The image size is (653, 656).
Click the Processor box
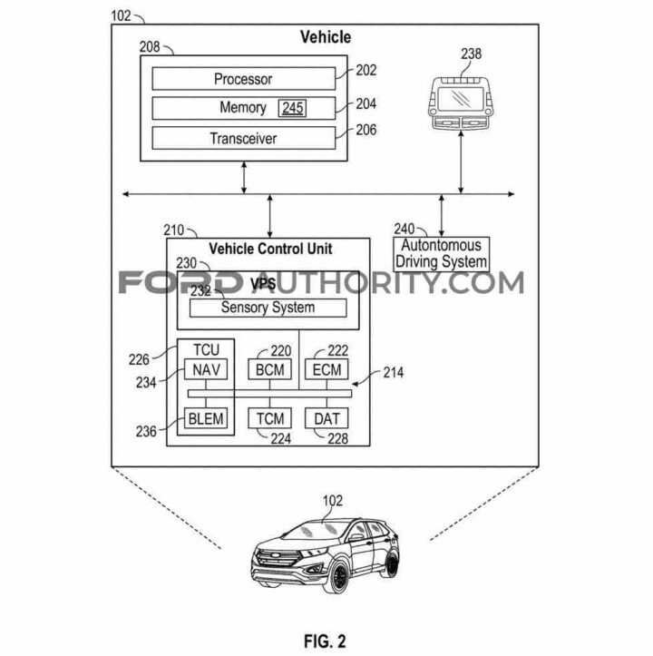pyautogui.click(x=243, y=79)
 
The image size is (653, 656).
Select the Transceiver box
pyautogui.click(x=243, y=138)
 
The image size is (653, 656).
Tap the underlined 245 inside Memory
pyautogui.click(x=292, y=108)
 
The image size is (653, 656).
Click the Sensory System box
pyautogui.click(x=268, y=308)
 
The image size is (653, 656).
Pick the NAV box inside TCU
pyautogui.click(x=206, y=369)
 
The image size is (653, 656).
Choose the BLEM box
pyautogui.click(x=206, y=418)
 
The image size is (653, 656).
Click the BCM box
pyautogui.click(x=270, y=369)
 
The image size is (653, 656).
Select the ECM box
pyautogui.click(x=326, y=369)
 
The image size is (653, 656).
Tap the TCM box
pyautogui.click(x=270, y=418)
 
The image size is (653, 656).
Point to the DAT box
pyautogui.click(x=326, y=418)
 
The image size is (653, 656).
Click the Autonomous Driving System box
pyautogui.click(x=442, y=254)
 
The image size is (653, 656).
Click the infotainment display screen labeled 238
pyautogui.click(x=460, y=99)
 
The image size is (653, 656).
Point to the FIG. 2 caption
pyautogui.click(x=325, y=641)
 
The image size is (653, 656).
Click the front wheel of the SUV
pyautogui.click(x=337, y=577)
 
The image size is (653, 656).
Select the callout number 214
pyautogui.click(x=394, y=372)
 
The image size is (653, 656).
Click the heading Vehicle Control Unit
pyautogui.click(x=270, y=249)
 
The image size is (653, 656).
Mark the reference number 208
pyautogui.click(x=150, y=46)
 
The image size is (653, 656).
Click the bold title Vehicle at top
pyautogui.click(x=326, y=37)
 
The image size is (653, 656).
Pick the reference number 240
pyautogui.click(x=404, y=229)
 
